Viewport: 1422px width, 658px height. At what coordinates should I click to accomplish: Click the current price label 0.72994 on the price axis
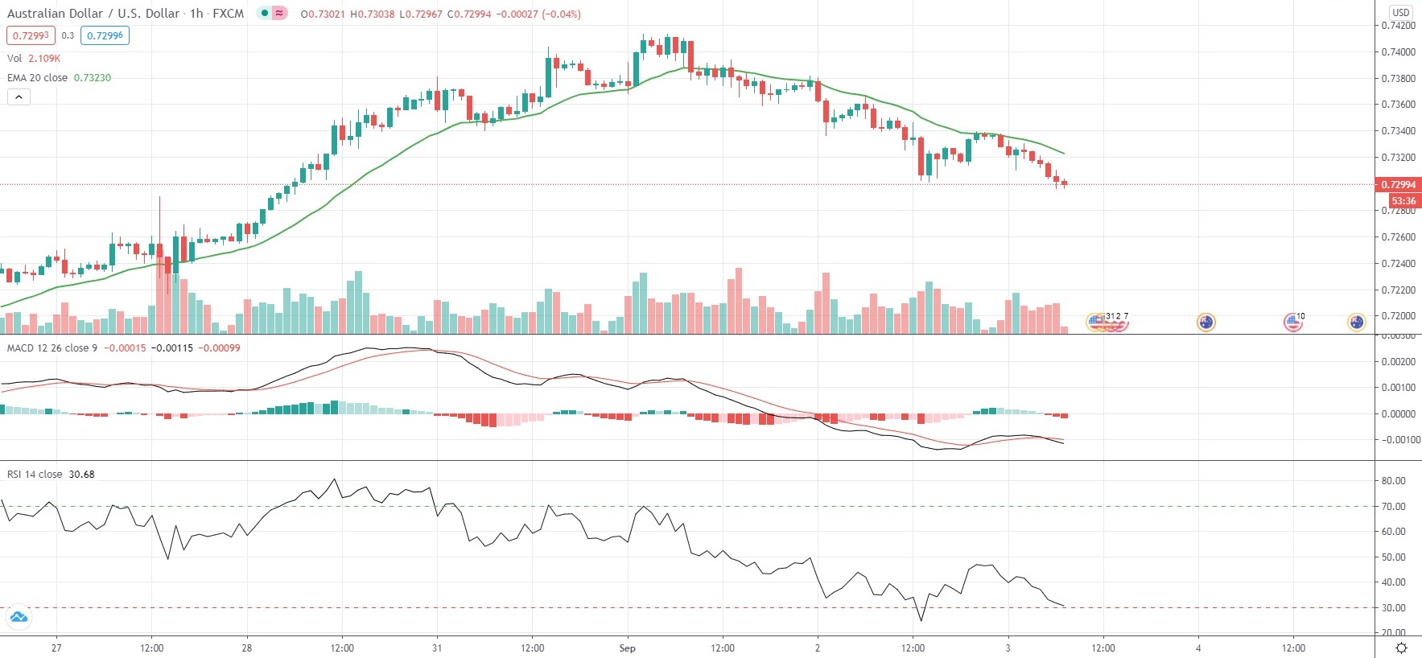point(1399,184)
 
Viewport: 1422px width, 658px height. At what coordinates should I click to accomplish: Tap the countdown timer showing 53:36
point(1403,201)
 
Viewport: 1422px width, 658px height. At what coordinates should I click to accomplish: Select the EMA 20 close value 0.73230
point(93,78)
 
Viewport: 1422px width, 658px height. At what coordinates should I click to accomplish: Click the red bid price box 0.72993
point(31,35)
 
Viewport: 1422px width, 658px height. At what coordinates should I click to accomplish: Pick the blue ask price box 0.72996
point(105,35)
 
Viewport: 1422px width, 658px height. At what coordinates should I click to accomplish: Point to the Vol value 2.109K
point(44,59)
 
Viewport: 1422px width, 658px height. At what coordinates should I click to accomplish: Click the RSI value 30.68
point(81,475)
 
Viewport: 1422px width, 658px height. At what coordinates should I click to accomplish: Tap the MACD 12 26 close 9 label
point(52,348)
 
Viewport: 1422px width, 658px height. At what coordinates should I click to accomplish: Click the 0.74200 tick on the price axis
point(1399,26)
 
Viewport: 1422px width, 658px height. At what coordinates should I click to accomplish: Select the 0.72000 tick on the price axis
point(1399,316)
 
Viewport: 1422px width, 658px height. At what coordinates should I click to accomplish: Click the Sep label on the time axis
point(627,648)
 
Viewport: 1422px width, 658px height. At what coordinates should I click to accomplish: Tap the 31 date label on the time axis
point(437,648)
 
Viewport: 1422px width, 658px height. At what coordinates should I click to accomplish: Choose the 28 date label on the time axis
point(247,648)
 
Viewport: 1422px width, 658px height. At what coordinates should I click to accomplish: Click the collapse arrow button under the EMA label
point(19,97)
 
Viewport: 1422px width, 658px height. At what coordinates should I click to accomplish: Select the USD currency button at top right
point(1401,12)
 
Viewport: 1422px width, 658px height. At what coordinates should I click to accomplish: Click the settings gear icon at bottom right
point(1401,648)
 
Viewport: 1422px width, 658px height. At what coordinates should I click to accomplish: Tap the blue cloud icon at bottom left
point(18,618)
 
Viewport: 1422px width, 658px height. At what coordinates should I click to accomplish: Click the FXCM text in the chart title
point(228,14)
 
